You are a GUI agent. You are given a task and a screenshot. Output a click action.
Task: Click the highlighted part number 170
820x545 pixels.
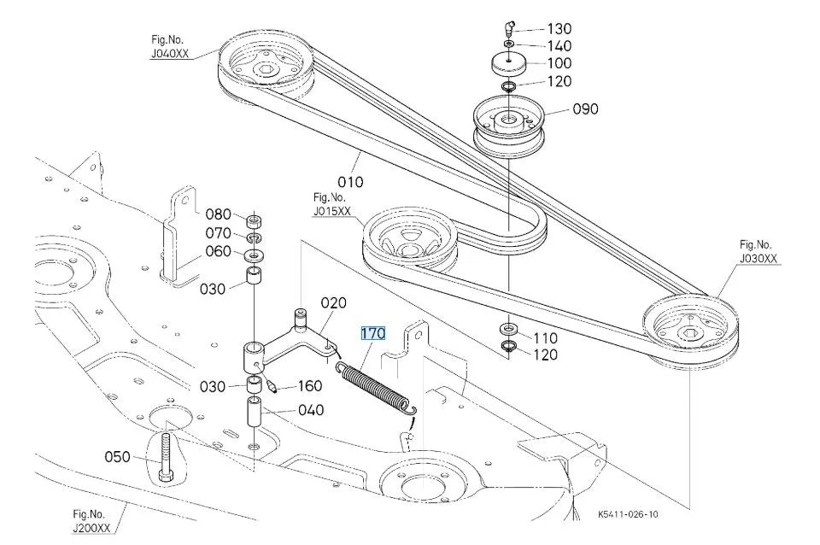(373, 333)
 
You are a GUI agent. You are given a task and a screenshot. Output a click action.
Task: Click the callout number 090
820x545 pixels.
(586, 108)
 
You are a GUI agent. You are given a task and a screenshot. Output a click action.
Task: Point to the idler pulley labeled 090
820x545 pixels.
(509, 125)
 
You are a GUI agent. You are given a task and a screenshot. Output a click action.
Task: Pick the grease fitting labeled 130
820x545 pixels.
(510, 27)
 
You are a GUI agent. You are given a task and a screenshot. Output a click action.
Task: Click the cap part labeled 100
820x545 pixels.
(509, 64)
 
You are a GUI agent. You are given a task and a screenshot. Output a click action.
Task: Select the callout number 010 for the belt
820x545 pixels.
(350, 182)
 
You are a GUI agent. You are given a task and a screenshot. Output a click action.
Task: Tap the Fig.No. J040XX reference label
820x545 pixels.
(169, 46)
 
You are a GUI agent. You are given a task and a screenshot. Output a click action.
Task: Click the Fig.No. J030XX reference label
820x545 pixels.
(758, 252)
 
